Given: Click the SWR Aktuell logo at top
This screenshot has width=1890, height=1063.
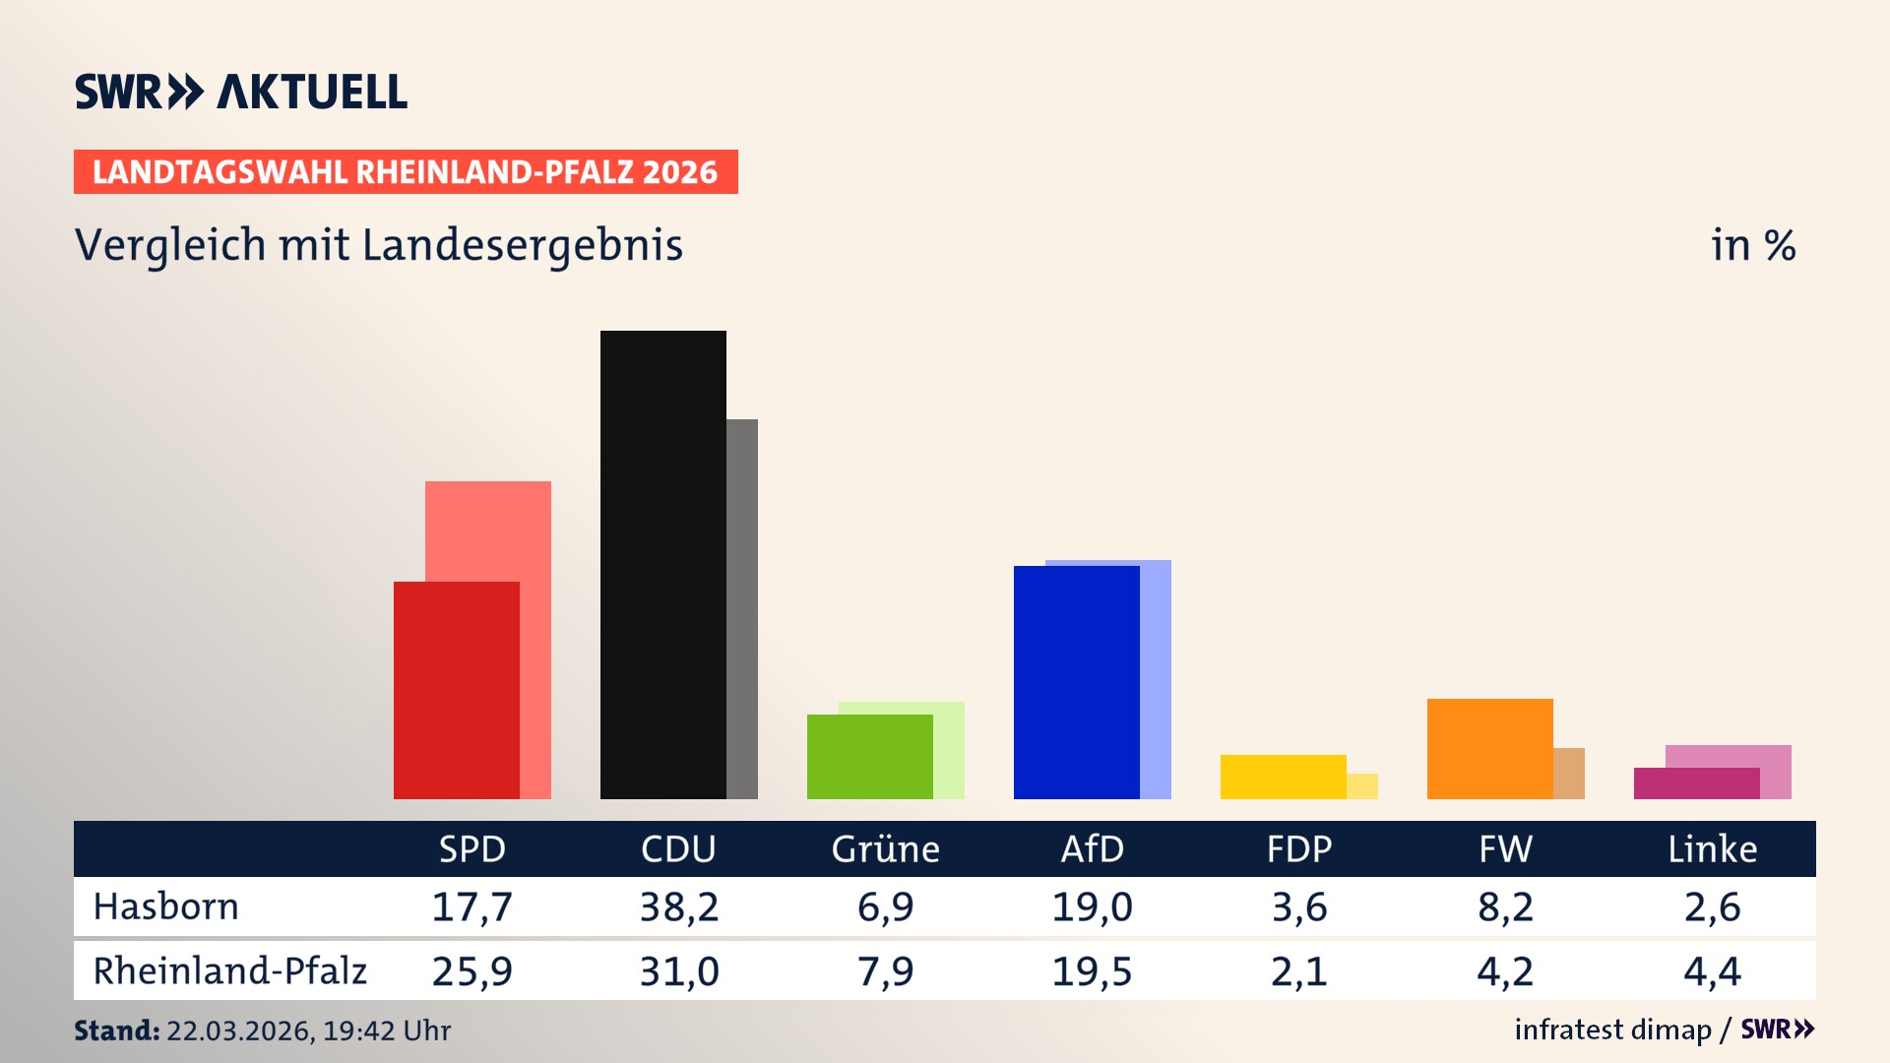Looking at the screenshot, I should tap(241, 92).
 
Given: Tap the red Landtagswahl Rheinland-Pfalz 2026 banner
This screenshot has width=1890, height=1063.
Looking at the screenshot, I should tap(406, 171).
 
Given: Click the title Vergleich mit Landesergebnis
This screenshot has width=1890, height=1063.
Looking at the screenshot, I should tap(379, 245).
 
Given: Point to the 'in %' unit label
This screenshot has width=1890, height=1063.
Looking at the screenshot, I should tap(1752, 245).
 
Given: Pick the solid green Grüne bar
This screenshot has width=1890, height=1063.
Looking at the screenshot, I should tap(869, 756).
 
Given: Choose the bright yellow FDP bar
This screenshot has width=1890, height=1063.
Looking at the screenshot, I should tap(1283, 777).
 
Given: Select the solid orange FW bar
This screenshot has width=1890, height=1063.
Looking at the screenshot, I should tap(1489, 748).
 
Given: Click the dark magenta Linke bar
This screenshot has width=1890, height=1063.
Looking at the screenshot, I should tap(1696, 783).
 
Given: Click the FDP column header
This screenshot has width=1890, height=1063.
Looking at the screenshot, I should tap(1298, 848).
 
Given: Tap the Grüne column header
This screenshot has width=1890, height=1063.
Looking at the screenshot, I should tap(885, 848).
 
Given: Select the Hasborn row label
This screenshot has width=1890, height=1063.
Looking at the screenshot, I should tap(165, 907).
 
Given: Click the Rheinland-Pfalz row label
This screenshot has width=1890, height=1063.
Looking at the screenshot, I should tap(229, 971).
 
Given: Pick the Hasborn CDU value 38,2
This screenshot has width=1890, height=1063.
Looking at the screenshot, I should tap(678, 907).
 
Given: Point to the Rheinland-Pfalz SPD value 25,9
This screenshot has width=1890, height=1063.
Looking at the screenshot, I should tap(472, 971).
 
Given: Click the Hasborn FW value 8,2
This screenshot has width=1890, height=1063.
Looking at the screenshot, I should tap(1505, 907).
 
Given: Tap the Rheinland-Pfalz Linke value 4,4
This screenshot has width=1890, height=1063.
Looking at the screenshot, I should tap(1712, 971).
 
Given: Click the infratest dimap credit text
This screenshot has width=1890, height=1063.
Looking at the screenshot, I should tap(1612, 1030).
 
